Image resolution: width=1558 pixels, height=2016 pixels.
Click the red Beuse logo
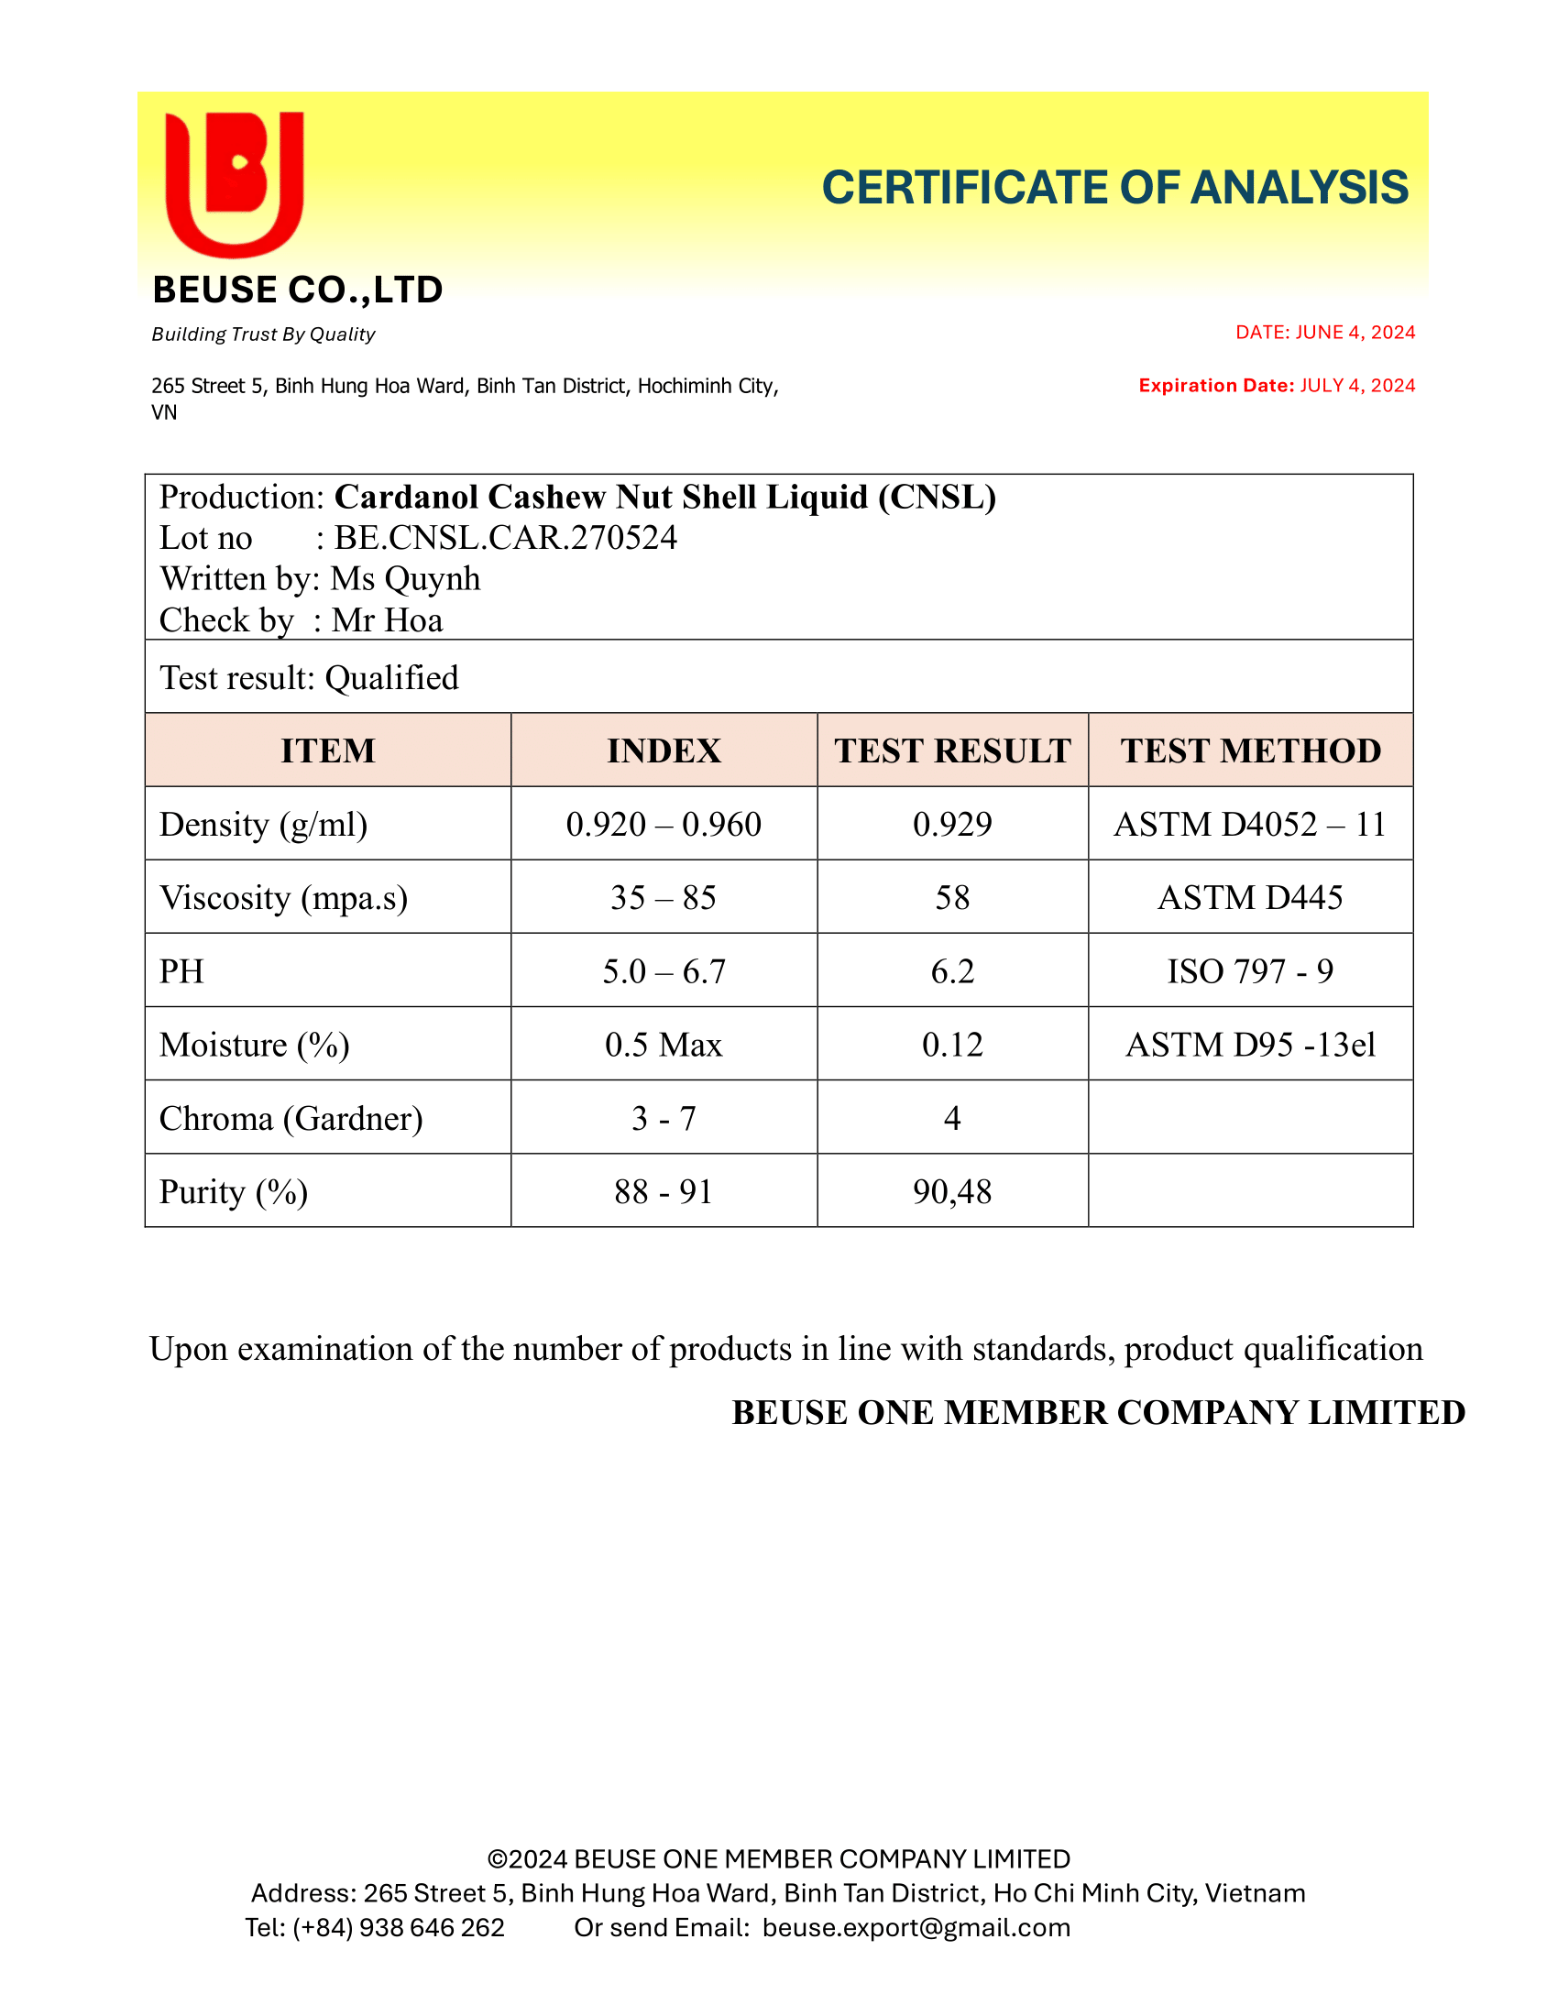coord(235,182)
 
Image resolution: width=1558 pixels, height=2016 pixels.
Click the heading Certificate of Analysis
coord(1114,188)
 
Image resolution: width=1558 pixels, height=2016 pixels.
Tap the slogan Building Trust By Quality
coord(263,334)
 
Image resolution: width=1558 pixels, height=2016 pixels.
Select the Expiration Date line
coord(1276,386)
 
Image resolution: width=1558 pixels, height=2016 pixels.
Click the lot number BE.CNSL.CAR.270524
coord(505,538)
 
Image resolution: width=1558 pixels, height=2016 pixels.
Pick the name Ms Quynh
coord(405,579)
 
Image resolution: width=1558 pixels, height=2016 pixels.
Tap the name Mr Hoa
coord(387,620)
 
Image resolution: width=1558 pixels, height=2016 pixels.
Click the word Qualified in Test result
coord(391,678)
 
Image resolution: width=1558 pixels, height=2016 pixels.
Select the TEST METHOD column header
coord(1250,751)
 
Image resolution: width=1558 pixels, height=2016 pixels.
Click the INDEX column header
coord(664,751)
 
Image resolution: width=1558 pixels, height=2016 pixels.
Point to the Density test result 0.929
coord(951,825)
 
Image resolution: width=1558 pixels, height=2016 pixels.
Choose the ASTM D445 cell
coord(1250,897)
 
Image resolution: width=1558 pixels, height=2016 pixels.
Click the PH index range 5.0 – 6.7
coord(664,971)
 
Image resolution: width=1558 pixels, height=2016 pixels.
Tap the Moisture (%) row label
coord(254,1045)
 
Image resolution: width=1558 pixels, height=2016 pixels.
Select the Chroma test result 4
coord(951,1119)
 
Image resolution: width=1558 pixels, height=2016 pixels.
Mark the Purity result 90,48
coord(951,1191)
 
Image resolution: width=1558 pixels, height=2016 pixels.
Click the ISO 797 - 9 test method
coord(1250,971)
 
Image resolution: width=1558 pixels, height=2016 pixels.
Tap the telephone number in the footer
coord(398,1927)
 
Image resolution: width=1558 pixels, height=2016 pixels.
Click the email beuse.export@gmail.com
coord(916,1927)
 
